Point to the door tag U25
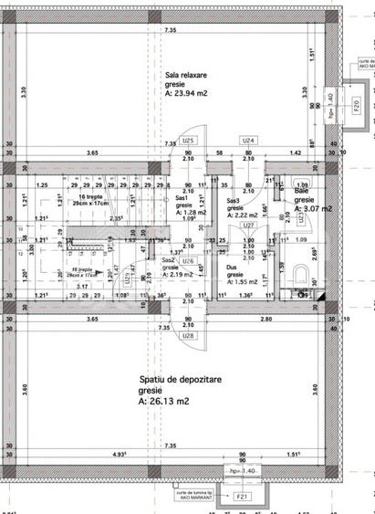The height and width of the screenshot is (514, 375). pos(187,141)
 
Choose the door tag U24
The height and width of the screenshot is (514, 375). pos(247,141)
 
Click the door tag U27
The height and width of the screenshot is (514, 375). pos(246,225)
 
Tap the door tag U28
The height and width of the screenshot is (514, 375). pos(187,336)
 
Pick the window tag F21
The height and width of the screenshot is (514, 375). pos(242,497)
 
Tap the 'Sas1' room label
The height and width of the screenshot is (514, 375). pos(181,198)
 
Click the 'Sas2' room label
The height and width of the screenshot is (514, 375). pos(167,260)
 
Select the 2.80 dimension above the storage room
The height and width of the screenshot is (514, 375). pos(264,320)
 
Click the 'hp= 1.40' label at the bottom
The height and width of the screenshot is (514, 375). pos(241,471)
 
